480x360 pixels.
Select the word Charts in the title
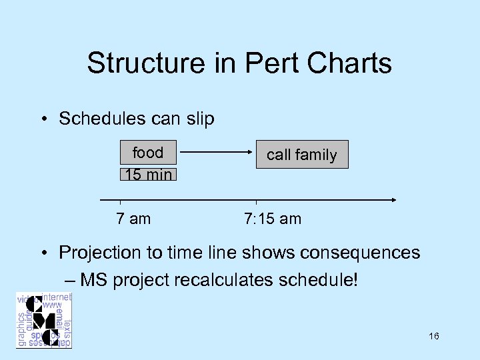pyautogui.click(x=347, y=64)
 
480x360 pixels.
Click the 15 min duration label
pyautogui.click(x=148, y=175)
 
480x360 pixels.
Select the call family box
pyautogui.click(x=302, y=155)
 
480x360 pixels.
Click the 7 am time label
pyautogui.click(x=133, y=218)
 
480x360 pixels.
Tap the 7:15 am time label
pyautogui.click(x=273, y=218)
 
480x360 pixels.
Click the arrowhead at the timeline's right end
pyautogui.click(x=394, y=199)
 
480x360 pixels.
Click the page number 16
pyautogui.click(x=434, y=337)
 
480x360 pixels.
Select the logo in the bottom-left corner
pyautogui.click(x=44, y=320)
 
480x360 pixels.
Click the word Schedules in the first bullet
pyautogui.click(x=101, y=119)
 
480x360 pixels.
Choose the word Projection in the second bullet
pyautogui.click(x=101, y=253)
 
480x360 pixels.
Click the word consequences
pyautogui.click(x=359, y=253)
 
